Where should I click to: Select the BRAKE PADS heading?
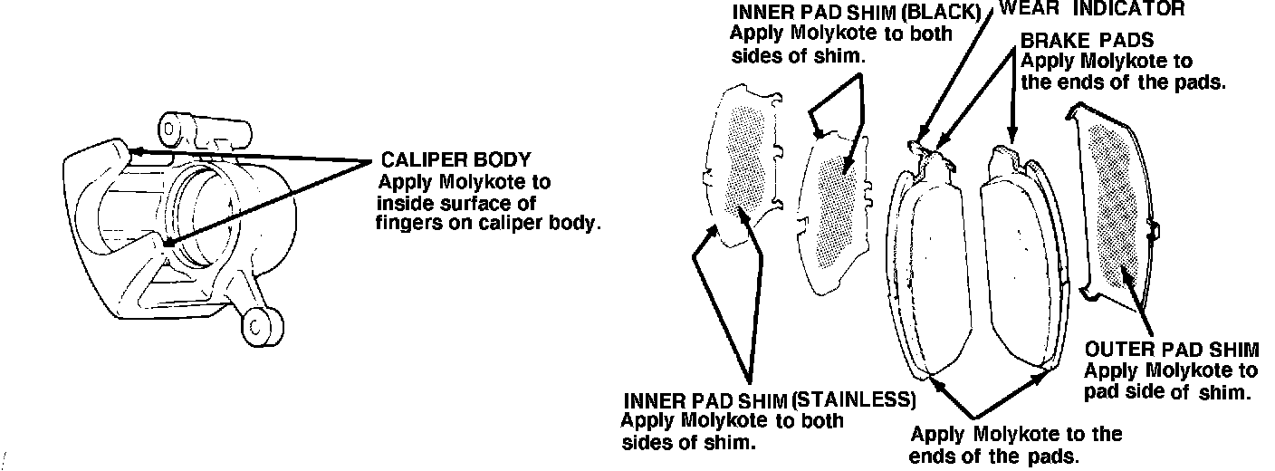[1087, 42]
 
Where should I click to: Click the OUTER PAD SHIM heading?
[1172, 351]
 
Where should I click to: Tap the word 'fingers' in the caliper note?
[408, 223]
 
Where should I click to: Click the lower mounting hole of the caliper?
[260, 323]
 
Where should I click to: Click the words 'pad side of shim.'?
[1167, 392]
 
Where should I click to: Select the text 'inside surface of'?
[455, 203]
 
